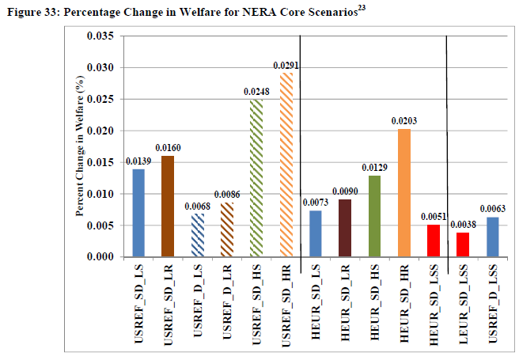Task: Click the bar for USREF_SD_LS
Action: click(x=138, y=213)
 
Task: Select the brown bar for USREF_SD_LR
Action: click(x=168, y=207)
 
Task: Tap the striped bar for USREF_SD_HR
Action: click(x=286, y=165)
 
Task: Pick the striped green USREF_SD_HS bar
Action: click(x=256, y=178)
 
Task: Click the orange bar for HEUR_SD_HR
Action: click(x=403, y=192)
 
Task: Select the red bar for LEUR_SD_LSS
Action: click(x=463, y=244)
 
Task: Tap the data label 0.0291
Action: click(x=286, y=65)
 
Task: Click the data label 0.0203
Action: click(x=403, y=121)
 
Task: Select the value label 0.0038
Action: click(x=463, y=225)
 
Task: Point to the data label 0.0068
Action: click(x=198, y=207)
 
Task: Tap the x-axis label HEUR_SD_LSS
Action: click(x=433, y=305)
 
